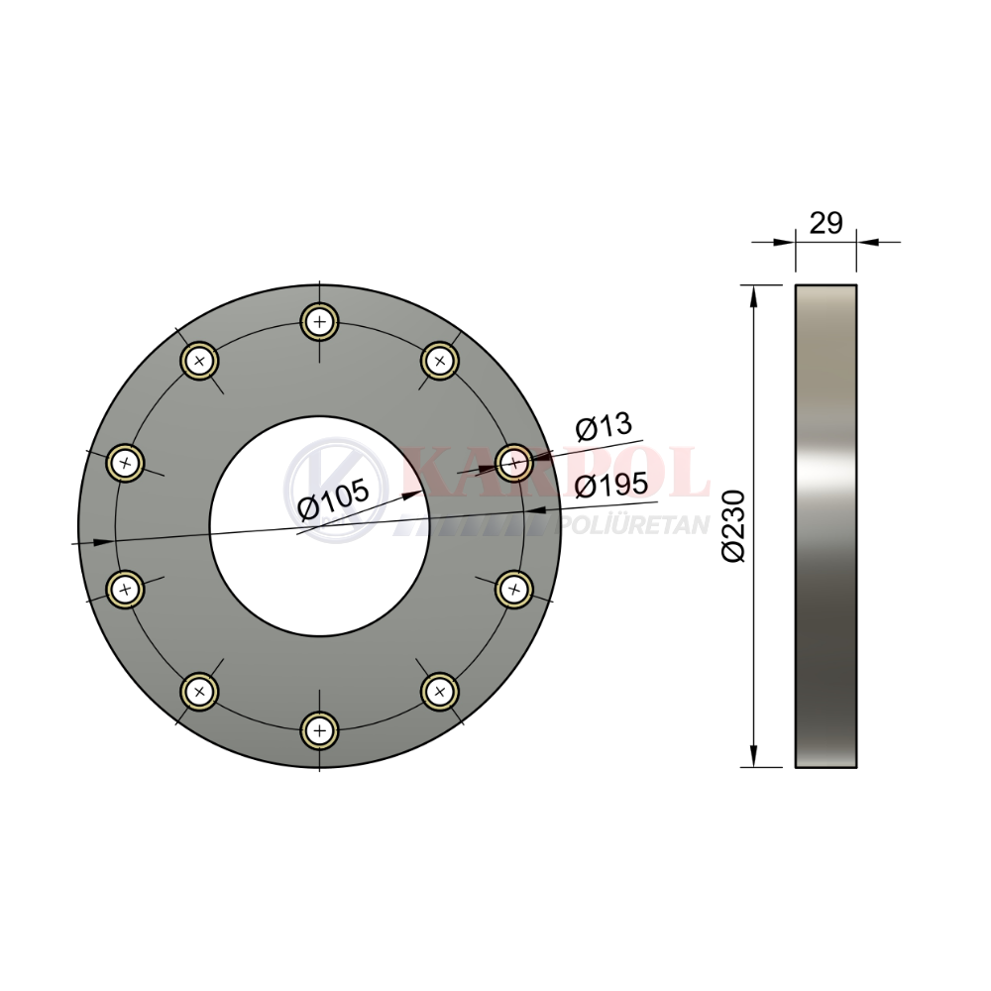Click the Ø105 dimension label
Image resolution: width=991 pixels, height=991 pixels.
(x=332, y=498)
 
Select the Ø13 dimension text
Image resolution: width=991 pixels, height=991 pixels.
(x=604, y=426)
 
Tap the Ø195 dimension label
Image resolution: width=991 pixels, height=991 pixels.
(x=611, y=485)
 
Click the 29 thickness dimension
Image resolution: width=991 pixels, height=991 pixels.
(x=826, y=223)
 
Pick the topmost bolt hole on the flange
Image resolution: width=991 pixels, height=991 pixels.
(x=320, y=322)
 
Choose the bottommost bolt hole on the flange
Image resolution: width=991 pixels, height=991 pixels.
(x=320, y=731)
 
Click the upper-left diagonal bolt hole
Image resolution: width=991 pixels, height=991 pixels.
(x=200, y=361)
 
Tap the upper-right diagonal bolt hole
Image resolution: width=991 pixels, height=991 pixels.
(x=440, y=361)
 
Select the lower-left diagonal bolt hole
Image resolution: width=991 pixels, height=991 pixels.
(x=200, y=692)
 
